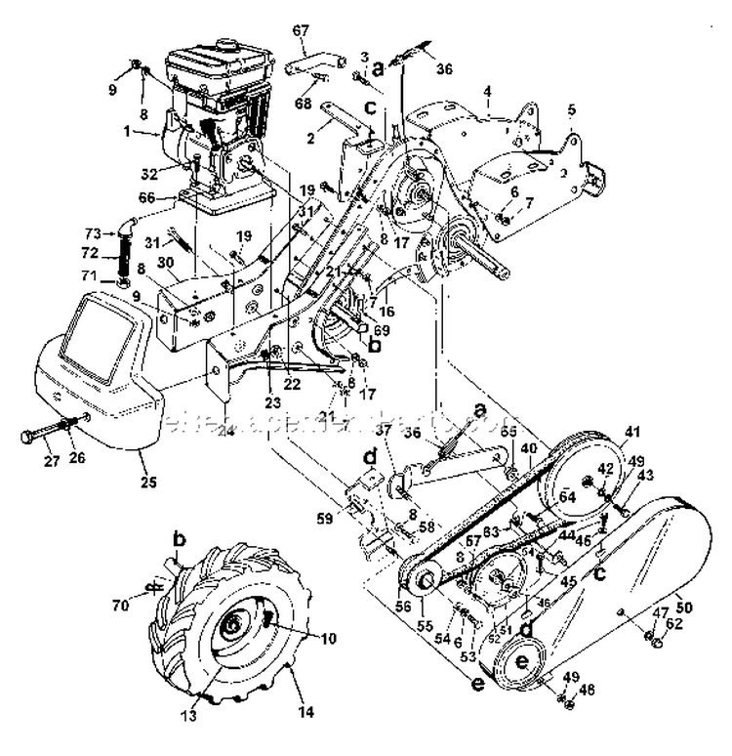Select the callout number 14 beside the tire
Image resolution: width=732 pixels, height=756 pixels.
coord(306,714)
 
